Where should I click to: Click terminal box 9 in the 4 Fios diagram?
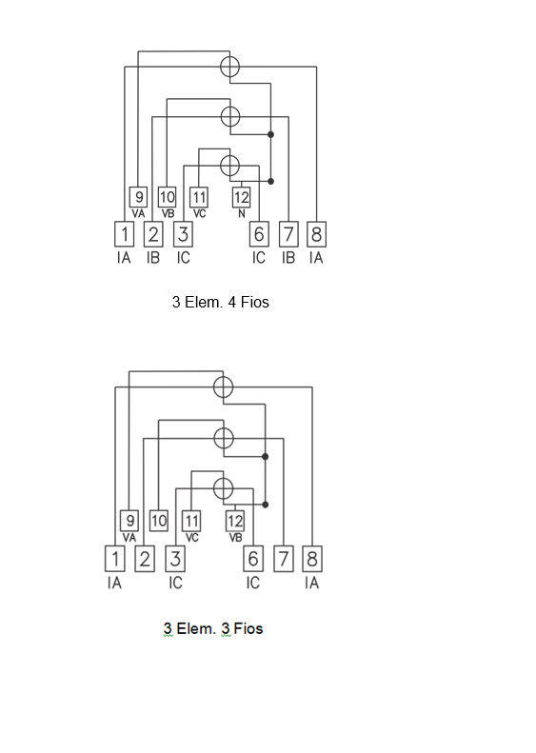(138, 197)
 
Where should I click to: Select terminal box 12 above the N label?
(241, 197)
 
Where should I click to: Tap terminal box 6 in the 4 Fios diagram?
(259, 234)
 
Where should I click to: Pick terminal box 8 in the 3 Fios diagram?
(312, 559)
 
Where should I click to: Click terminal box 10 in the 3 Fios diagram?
(158, 521)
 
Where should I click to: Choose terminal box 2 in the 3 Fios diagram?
(145, 559)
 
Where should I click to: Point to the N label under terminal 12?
(242, 213)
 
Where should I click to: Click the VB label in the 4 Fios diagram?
(168, 213)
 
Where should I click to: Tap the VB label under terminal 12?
(235, 538)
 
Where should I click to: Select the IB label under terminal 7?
(288, 258)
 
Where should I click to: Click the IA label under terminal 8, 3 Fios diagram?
(311, 583)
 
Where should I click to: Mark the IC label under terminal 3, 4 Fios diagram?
(183, 258)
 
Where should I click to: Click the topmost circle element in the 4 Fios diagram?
(230, 67)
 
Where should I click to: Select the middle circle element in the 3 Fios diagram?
(224, 438)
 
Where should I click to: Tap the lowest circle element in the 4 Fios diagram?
(230, 166)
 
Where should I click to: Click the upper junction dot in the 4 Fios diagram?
(271, 134)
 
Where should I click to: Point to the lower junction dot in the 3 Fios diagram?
(265, 505)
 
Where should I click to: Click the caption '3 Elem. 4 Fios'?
(221, 302)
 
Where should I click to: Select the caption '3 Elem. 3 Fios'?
(213, 628)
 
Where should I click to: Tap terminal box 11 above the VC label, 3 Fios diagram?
(191, 521)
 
